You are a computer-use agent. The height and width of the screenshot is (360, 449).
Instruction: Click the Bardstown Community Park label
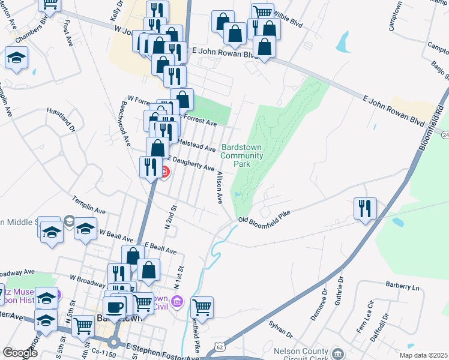[242, 155]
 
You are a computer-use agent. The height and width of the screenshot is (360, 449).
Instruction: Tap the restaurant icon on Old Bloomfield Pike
[364, 208]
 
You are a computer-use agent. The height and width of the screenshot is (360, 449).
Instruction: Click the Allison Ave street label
[220, 186]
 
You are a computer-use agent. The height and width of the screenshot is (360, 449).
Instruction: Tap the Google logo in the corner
[19, 353]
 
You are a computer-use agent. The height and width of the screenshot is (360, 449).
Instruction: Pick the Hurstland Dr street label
[61, 119]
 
